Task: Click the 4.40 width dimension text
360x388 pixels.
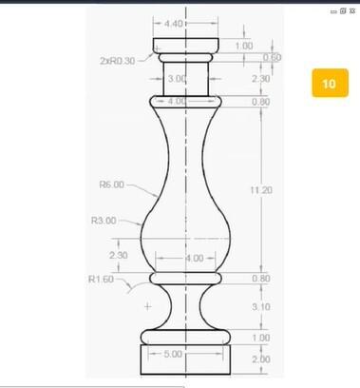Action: click(174, 22)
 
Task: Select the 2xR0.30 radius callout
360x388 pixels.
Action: click(118, 60)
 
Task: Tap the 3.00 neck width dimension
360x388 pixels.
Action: click(177, 79)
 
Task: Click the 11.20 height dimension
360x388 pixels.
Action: click(261, 190)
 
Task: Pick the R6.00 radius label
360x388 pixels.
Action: click(111, 184)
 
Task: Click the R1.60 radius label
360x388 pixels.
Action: click(101, 280)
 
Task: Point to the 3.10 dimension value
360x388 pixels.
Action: click(261, 306)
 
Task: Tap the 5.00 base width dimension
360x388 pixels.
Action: click(173, 354)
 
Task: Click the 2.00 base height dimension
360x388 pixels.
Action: click(261, 359)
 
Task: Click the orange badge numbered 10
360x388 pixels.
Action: click(329, 84)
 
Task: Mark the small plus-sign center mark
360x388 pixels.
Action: click(147, 307)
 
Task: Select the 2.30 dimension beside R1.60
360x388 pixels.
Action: click(119, 255)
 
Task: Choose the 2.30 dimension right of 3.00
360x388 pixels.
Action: click(261, 80)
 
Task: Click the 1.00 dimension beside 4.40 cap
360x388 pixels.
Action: click(244, 45)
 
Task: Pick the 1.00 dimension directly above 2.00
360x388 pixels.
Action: click(261, 338)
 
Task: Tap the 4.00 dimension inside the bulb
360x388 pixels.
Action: click(194, 259)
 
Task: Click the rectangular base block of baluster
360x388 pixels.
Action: click(186, 359)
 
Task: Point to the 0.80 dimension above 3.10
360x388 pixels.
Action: click(261, 279)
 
